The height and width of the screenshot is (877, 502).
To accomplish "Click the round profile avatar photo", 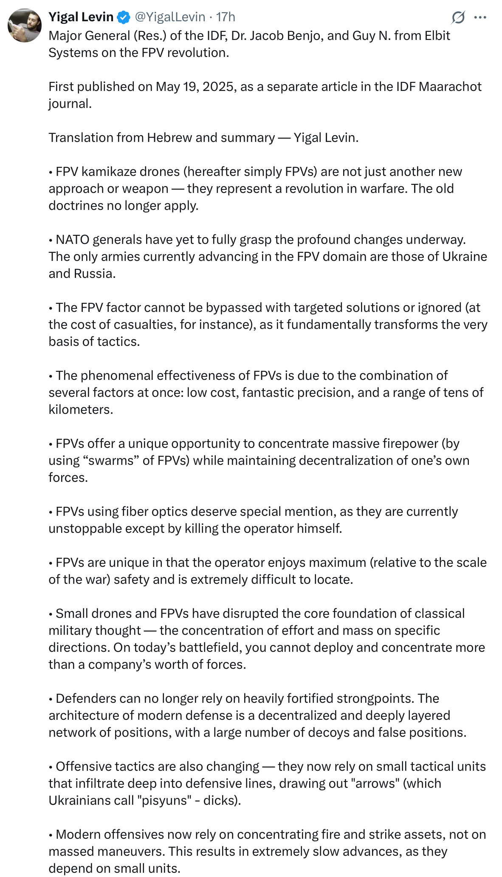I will coord(25,25).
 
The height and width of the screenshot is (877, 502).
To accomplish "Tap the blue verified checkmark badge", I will coord(124,17).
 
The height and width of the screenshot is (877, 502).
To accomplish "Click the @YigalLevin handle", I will coord(170,17).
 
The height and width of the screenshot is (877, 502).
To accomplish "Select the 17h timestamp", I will coord(226,17).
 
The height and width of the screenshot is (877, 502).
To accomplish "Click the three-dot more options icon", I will coord(480,17).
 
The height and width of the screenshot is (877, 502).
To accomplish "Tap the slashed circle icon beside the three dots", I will coord(458,17).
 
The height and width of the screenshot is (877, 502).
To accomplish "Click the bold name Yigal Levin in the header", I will coord(81,17).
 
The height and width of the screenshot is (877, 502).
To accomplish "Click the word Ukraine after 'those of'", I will coord(465,257).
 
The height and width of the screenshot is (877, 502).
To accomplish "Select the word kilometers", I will coord(81,410).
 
